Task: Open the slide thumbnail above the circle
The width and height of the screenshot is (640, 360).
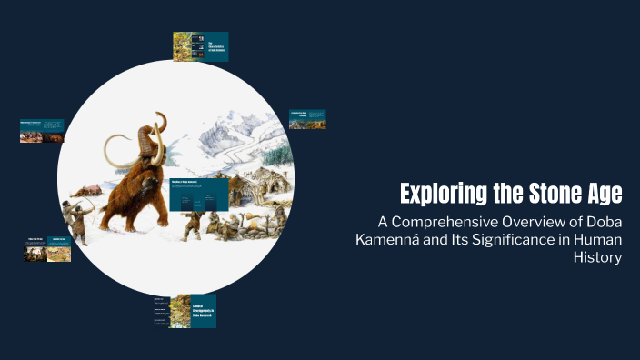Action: tap(200, 46)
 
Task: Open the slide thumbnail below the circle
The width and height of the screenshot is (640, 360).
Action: tap(185, 310)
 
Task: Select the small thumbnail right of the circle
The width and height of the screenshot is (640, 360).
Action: tap(307, 119)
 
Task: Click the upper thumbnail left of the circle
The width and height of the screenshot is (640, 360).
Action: tap(42, 130)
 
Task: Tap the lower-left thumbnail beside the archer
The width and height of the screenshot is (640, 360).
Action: tap(47, 249)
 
